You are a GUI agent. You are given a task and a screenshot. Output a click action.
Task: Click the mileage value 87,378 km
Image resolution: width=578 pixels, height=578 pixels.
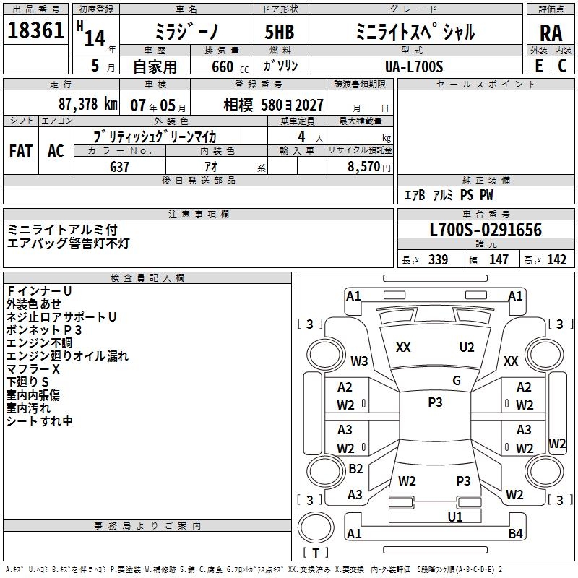pos(87,104)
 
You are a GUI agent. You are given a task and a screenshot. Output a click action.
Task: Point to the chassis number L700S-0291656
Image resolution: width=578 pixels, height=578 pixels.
pos(486,230)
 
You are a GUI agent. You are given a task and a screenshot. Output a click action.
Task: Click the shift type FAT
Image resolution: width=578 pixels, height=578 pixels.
pos(21,151)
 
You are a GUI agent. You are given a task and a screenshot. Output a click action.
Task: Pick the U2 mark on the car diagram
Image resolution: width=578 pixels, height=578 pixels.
pos(467,348)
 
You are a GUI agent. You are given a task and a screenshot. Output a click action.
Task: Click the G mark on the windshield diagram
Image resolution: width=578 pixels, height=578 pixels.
pos(457,381)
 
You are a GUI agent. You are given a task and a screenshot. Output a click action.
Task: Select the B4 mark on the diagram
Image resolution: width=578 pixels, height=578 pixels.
pos(515,534)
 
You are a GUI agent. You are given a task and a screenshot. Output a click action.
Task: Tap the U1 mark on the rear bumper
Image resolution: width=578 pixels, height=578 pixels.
pos(455,517)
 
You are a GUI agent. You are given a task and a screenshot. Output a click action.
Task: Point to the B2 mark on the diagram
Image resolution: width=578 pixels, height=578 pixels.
pos(355,468)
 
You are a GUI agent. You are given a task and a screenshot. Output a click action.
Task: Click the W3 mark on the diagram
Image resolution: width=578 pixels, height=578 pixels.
pos(359,361)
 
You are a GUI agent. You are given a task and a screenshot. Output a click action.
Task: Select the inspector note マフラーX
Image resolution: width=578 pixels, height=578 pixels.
pos(33,369)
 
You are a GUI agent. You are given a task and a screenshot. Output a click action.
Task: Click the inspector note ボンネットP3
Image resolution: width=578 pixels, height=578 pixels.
pos(44,330)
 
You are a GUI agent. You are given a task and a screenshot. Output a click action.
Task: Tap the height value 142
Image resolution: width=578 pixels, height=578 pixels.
pos(556,260)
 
